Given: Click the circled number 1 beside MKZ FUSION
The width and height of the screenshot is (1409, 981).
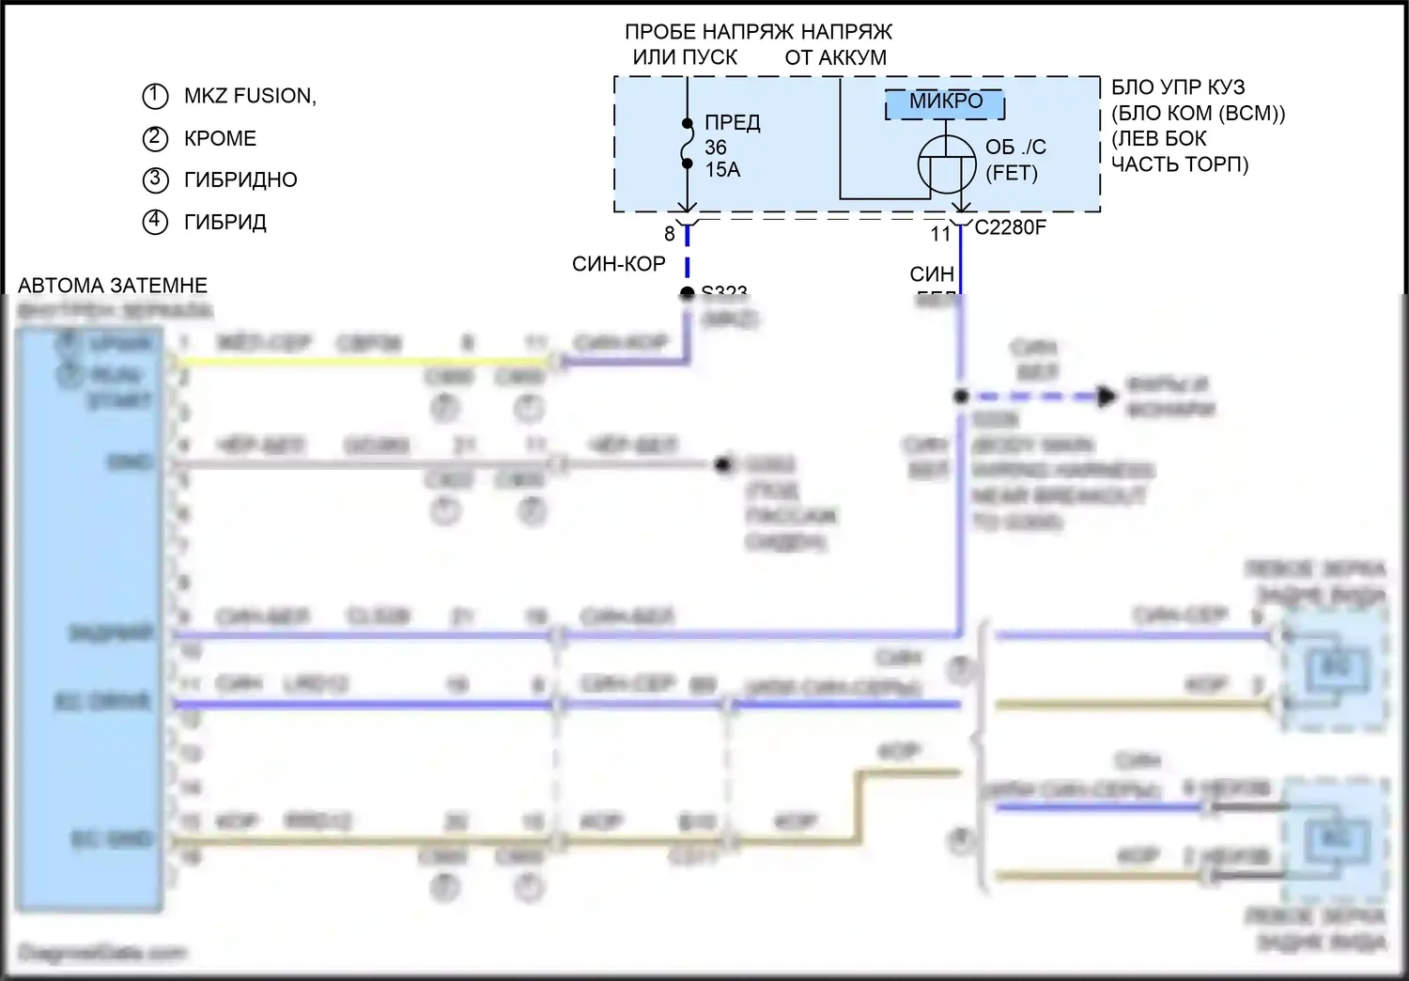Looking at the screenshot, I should pyautogui.click(x=155, y=96).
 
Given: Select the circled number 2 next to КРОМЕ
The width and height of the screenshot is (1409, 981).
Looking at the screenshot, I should pyautogui.click(x=155, y=138).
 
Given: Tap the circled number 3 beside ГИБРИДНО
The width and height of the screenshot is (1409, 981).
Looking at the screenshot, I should pyautogui.click(x=155, y=179).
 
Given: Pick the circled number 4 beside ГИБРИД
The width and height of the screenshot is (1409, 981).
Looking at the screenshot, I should pyautogui.click(x=155, y=222).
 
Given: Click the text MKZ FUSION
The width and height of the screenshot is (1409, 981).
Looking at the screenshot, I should pyautogui.click(x=250, y=96).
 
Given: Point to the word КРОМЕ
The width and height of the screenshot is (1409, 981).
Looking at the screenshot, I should pyautogui.click(x=220, y=138).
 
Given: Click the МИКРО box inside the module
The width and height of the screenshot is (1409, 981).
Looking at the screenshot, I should pyautogui.click(x=946, y=102).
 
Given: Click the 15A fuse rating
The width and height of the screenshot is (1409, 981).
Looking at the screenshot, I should pyautogui.click(x=722, y=170).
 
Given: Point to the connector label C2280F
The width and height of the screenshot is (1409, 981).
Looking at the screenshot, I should pyautogui.click(x=1010, y=227).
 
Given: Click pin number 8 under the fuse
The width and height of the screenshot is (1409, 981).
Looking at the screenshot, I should pyautogui.click(x=670, y=234).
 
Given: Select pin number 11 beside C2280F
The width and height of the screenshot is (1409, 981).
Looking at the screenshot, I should pyautogui.click(x=940, y=234).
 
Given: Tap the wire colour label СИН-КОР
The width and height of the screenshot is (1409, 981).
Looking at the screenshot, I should pyautogui.click(x=619, y=265).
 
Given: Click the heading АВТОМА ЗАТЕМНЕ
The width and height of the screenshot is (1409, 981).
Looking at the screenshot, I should pyautogui.click(x=113, y=286).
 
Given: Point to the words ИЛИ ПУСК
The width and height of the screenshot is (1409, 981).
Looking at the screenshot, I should pyautogui.click(x=685, y=57).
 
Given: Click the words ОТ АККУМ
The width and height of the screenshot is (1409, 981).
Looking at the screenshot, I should pyautogui.click(x=835, y=57).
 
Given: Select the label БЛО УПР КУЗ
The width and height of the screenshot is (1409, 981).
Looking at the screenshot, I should pyautogui.click(x=1178, y=87).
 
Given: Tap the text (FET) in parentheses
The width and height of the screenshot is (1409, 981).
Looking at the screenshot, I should pyautogui.click(x=1012, y=173).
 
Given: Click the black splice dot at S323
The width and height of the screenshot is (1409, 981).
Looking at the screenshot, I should pyautogui.click(x=688, y=294).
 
